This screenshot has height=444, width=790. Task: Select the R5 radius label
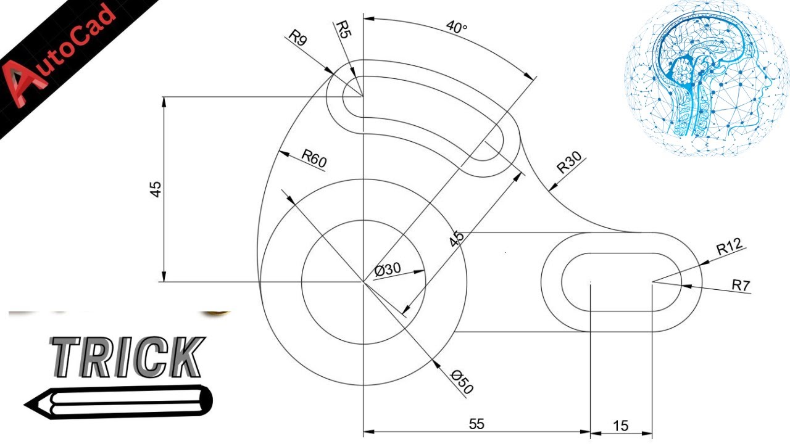[x=343, y=29]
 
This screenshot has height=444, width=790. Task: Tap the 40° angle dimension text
[x=457, y=28]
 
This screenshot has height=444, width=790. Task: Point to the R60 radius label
[x=314, y=158]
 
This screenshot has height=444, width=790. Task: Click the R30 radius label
[x=569, y=165]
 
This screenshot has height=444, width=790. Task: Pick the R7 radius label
[x=741, y=285]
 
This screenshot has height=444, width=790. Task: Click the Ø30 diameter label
[x=388, y=269]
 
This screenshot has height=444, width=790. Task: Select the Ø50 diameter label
[x=462, y=382]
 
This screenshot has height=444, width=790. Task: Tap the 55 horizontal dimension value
[x=476, y=424]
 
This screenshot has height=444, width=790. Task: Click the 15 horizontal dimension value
[x=621, y=425]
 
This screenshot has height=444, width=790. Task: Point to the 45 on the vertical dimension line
[x=157, y=189]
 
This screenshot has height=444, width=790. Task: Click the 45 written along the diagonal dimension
[x=457, y=239]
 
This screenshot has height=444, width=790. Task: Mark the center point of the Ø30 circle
[x=364, y=282]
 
